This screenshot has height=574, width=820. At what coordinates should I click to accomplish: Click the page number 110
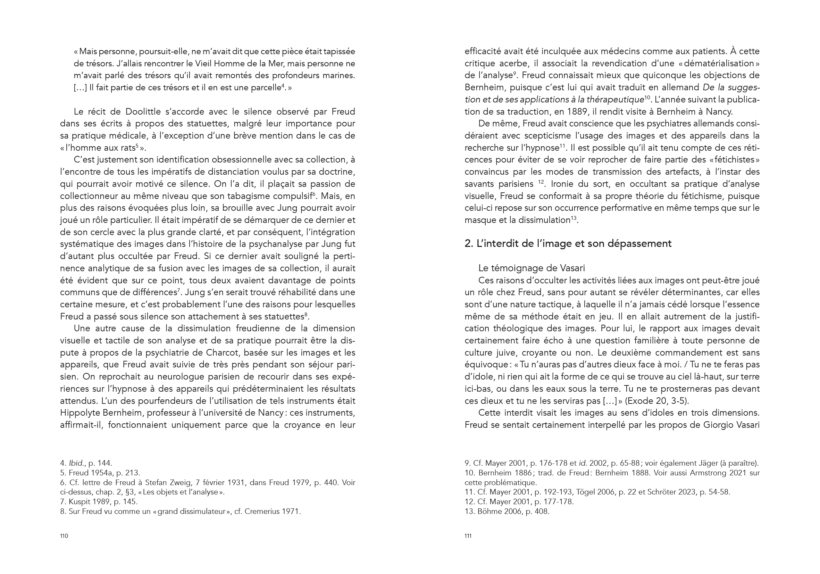click(64, 536)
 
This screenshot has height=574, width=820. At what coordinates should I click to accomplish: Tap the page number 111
click(468, 536)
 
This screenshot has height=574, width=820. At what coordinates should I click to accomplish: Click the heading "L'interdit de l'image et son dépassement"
click(568, 244)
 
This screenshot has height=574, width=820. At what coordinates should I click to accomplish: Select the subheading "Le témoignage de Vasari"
click(532, 268)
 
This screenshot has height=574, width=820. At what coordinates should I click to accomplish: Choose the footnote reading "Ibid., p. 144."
click(86, 463)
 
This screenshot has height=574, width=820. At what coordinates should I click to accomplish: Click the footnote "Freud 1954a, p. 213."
click(100, 473)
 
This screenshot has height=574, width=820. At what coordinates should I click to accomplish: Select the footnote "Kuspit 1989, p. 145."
click(99, 502)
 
